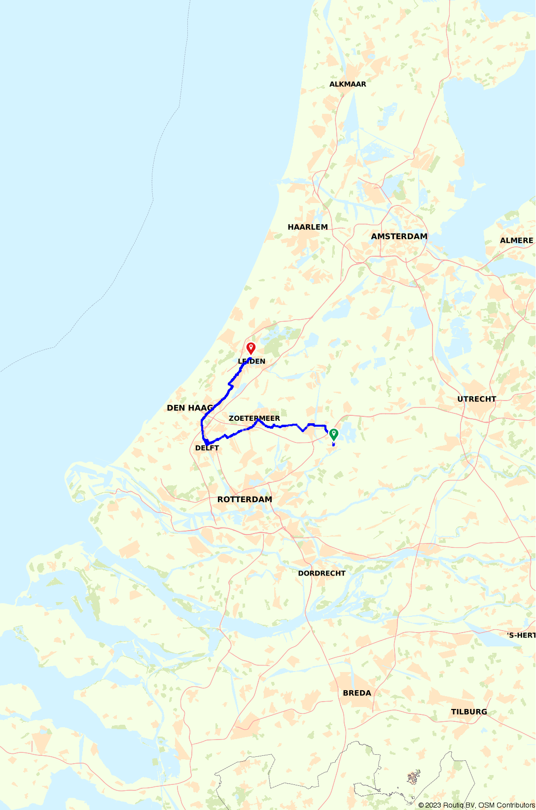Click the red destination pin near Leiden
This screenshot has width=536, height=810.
click(251, 348)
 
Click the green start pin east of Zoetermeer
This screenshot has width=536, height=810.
click(334, 434)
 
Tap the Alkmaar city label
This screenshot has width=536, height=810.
click(348, 84)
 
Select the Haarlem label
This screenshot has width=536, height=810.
click(308, 227)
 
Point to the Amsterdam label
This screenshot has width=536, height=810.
click(399, 236)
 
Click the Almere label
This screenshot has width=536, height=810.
click(516, 240)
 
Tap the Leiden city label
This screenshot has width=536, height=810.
click(251, 361)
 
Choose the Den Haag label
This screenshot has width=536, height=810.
click(190, 408)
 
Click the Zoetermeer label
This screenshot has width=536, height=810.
click(254, 418)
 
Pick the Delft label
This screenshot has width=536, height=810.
click(207, 448)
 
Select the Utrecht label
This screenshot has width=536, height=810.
click(476, 399)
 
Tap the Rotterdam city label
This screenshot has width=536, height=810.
click(245, 500)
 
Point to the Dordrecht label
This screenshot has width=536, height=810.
click(322, 574)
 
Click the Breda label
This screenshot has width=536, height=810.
click(357, 693)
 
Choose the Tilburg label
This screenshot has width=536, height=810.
click(468, 712)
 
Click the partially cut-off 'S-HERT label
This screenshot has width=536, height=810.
click(521, 636)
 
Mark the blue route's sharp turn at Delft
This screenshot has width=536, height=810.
click(206, 443)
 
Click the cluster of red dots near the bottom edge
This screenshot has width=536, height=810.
click(413, 777)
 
